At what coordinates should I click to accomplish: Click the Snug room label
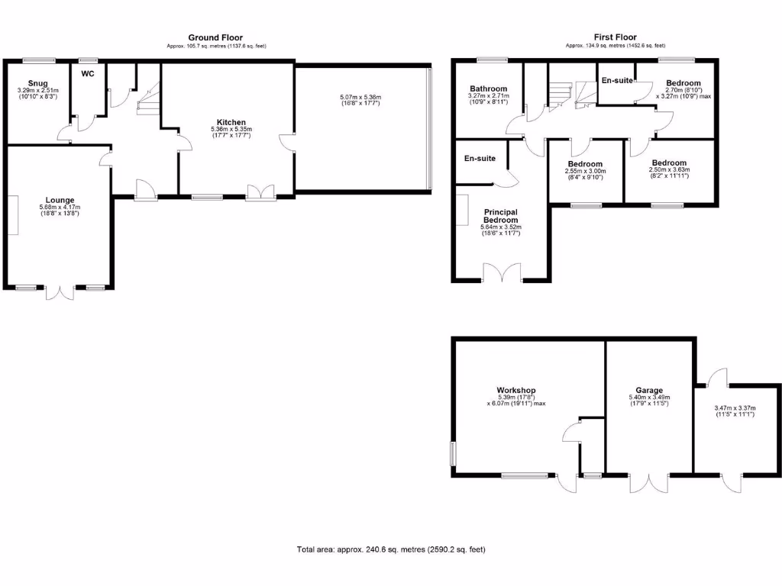pyautogui.click(x=37, y=82)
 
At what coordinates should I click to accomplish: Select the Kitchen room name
pyautogui.click(x=231, y=122)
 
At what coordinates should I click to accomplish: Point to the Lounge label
pyautogui.click(x=60, y=200)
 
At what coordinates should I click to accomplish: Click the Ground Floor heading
pyautogui.click(x=215, y=37)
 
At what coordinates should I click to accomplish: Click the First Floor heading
pyautogui.click(x=615, y=37)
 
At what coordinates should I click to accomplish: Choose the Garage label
pyautogui.click(x=648, y=389)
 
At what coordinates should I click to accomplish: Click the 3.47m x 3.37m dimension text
pyautogui.click(x=735, y=408)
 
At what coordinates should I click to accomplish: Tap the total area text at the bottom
pyautogui.click(x=391, y=549)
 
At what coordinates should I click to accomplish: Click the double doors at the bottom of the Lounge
pyautogui.click(x=60, y=294)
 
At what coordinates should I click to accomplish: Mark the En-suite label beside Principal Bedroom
pyautogui.click(x=480, y=159)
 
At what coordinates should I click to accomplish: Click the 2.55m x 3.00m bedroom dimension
pyautogui.click(x=586, y=172)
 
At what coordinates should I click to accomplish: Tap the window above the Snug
pyautogui.click(x=38, y=60)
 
